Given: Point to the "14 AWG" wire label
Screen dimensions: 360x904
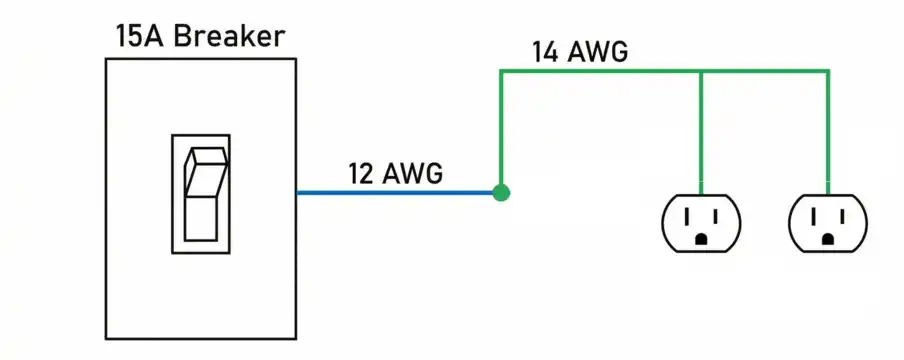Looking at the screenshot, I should (x=580, y=52).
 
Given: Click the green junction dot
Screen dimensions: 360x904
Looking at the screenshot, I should (x=501, y=192).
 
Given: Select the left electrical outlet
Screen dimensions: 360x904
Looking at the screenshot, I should (x=701, y=222).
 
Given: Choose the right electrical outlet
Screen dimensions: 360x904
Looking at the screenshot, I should (x=828, y=222).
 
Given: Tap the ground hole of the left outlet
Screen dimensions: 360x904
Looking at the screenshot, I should (x=701, y=239).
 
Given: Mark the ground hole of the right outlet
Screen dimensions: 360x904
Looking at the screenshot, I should (x=828, y=239).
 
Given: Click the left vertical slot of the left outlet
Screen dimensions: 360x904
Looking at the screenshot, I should (x=688, y=214).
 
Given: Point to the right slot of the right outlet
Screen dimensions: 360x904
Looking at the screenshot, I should (x=841, y=214).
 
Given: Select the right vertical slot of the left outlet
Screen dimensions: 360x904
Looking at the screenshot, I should (x=714, y=214).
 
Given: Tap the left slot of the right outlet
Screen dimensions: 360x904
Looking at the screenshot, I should (x=815, y=214).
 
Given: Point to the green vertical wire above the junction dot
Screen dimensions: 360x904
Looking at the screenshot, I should (x=501, y=130).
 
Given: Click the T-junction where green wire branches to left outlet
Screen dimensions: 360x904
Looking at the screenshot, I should (x=701, y=71).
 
